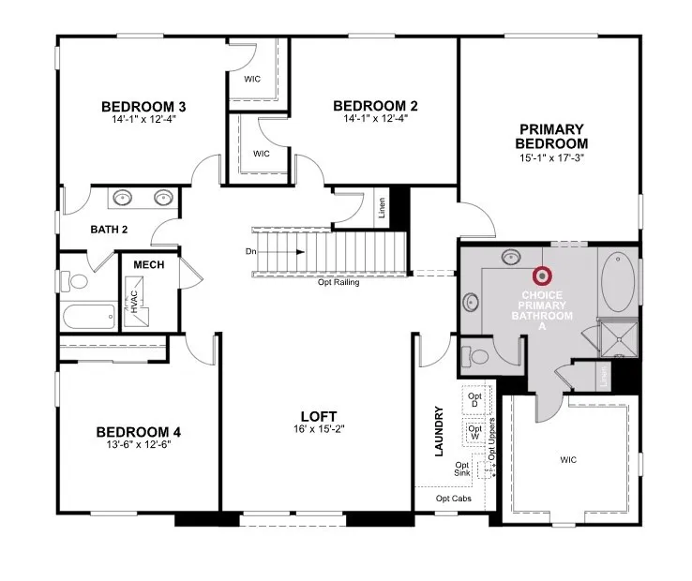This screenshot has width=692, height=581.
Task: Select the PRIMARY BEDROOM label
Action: (x=551, y=136)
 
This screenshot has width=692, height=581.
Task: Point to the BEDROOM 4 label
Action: (x=138, y=432)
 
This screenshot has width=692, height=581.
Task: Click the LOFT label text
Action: (x=318, y=416)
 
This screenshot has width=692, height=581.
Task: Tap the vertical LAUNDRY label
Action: (x=438, y=431)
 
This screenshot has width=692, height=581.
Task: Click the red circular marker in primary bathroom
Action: (x=541, y=276)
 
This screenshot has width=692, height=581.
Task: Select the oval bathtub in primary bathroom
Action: (x=617, y=281)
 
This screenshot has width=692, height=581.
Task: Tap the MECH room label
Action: (x=148, y=265)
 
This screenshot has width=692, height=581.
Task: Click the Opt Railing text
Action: (x=338, y=282)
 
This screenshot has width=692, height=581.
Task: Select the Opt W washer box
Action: (x=474, y=433)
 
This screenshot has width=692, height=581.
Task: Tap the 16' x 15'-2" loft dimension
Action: (x=318, y=429)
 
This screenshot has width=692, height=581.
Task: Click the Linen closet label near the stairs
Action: (x=382, y=208)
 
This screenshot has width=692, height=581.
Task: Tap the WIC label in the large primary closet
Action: (x=568, y=460)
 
